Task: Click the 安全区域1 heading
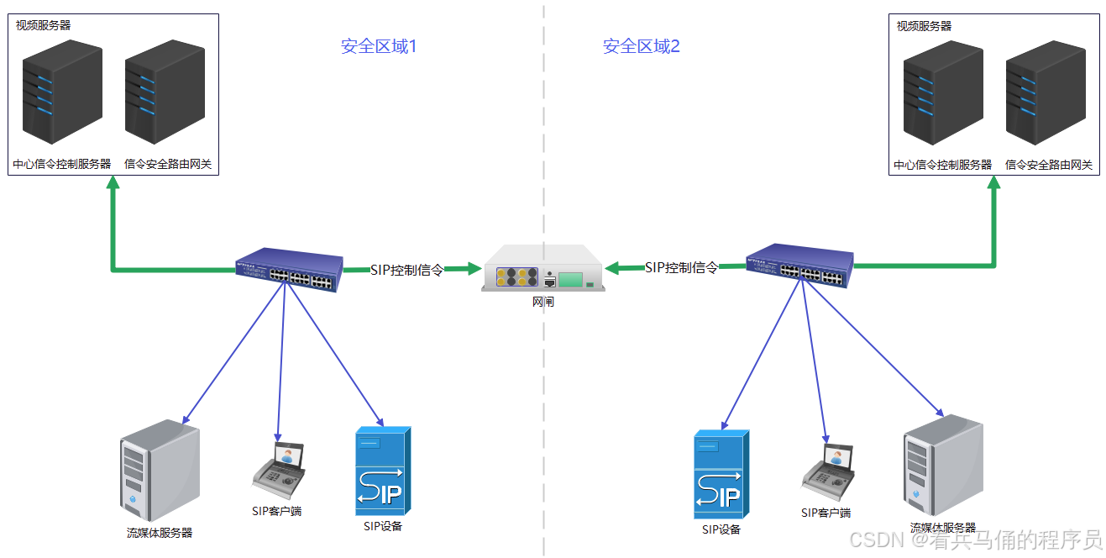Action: [x=379, y=46]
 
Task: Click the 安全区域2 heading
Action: [x=641, y=46]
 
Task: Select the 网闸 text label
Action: [x=543, y=303]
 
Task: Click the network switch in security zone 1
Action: [x=290, y=270]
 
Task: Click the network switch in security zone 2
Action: [x=800, y=266]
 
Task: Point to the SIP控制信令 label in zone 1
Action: [x=406, y=270]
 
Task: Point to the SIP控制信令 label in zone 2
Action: [x=681, y=267]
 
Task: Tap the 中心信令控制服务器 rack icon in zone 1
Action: [x=62, y=92]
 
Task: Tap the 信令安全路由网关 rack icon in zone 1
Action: [x=165, y=92]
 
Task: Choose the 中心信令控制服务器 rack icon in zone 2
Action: [x=943, y=92]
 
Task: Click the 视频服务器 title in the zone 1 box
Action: [x=44, y=25]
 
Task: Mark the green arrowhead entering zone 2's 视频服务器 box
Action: [x=993, y=183]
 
